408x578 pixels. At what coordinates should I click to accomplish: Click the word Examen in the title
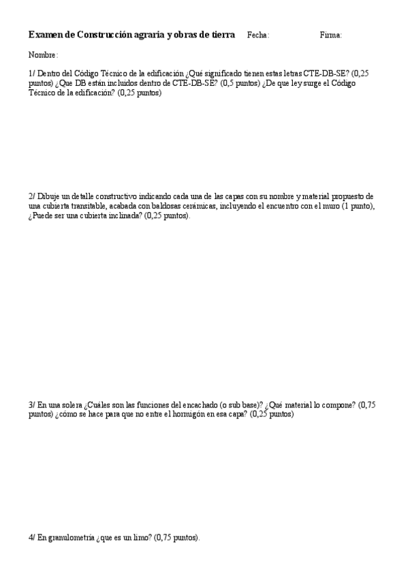44,35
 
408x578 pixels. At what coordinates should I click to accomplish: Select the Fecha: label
258,35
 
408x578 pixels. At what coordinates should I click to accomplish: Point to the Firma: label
330,35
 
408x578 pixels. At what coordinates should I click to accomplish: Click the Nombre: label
43,55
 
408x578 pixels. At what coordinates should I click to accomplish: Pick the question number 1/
32,74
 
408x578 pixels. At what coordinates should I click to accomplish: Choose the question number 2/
32,196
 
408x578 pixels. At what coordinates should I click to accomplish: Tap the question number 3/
32,405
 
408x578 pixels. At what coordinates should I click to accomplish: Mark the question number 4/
32,538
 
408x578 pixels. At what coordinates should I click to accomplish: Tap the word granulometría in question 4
70,538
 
